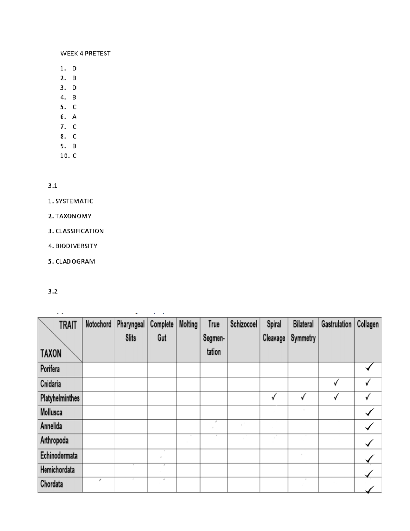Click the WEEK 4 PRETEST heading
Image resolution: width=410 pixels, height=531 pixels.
coord(85,53)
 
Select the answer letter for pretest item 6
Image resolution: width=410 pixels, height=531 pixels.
coord(74,117)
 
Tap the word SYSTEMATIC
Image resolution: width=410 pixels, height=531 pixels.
coord(74,201)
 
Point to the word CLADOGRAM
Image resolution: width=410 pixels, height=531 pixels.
coord(75,262)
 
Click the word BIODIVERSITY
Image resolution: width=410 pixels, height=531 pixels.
coord(76,246)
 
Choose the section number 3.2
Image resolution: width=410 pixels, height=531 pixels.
coord(53,291)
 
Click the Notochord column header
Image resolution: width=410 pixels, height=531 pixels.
coord(98,324)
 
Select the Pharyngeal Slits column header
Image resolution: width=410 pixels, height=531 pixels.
coord(131,331)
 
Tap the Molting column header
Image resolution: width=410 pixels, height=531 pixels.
coord(188,324)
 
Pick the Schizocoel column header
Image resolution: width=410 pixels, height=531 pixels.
coord(244,324)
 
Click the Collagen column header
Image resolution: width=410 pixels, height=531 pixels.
coord(368,324)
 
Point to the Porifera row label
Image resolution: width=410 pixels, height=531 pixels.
coord(50,369)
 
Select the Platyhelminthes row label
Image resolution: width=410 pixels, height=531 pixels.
coord(60,398)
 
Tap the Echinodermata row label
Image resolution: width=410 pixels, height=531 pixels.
coord(59,456)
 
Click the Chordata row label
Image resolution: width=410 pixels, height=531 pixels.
coord(52,484)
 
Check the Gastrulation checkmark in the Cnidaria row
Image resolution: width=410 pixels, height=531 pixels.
coord(337,383)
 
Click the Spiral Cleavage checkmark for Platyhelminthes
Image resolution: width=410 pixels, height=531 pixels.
coord(274,397)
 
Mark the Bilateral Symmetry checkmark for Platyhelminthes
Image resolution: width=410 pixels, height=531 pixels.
coord(303,397)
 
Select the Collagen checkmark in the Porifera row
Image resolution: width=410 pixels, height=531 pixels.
coord(369,367)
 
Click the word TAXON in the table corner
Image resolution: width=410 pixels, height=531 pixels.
coord(51,353)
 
